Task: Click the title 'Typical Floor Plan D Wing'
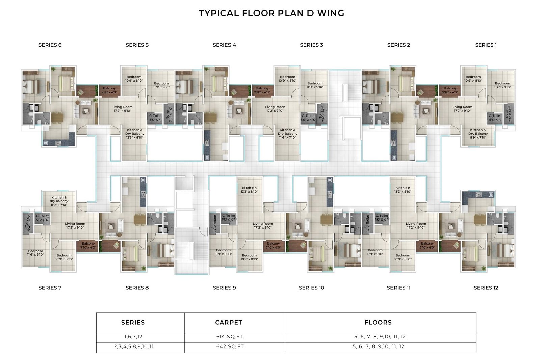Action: pyautogui.click(x=271, y=13)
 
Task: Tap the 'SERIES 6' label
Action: pyautogui.click(x=50, y=45)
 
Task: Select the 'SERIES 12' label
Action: pyautogui.click(x=486, y=288)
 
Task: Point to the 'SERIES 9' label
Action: pyautogui.click(x=224, y=288)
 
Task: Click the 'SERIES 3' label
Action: pyautogui.click(x=311, y=45)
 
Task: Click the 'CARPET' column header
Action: pyautogui.click(x=228, y=323)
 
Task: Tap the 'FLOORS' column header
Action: pyautogui.click(x=378, y=323)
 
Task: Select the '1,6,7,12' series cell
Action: pyautogui.click(x=133, y=337)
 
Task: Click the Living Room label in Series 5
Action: pyautogui.click(x=122, y=109)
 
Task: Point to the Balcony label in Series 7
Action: pyautogui.click(x=88, y=245)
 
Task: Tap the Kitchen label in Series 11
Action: pyautogui.click(x=403, y=190)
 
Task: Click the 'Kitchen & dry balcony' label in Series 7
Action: pyautogui.click(x=59, y=201)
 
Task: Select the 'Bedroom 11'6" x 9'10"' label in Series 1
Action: pyautogui.click(x=503, y=85)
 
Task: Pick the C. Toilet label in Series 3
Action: pyautogui.click(x=308, y=118)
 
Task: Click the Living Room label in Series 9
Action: pyautogui.click(x=263, y=225)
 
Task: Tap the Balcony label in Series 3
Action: pyautogui.click(x=262, y=90)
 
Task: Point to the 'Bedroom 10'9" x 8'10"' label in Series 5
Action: pyautogui.click(x=134, y=79)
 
